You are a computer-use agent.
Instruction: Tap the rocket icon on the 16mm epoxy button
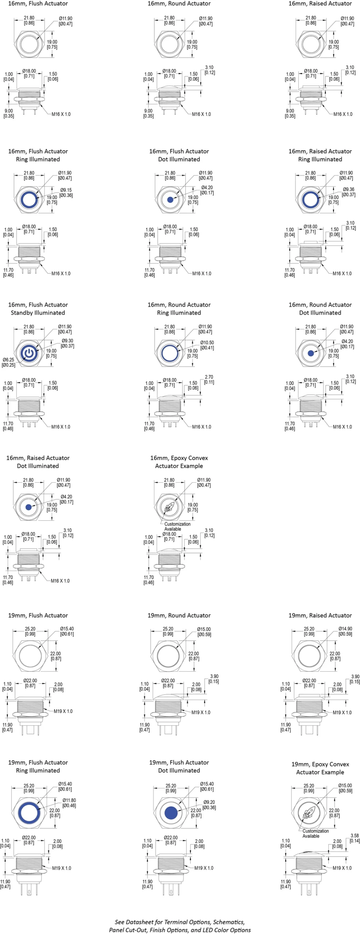169,507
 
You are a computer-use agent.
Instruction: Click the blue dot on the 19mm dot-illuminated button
171,813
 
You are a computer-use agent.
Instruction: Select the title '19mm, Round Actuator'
179,615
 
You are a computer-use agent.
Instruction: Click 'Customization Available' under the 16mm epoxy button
177,526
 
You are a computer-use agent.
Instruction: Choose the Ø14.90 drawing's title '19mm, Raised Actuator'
320,615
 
